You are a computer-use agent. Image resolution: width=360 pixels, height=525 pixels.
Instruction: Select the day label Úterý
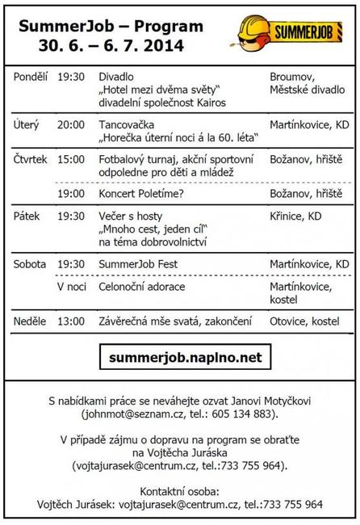tap(27, 125)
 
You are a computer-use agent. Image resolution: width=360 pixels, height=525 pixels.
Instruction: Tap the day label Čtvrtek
tap(31, 160)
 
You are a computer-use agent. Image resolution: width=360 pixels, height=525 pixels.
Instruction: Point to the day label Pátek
tap(27, 216)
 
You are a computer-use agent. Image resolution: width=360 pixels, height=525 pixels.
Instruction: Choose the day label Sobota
tap(30, 264)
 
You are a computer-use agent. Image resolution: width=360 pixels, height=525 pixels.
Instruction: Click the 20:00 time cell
tap(70, 125)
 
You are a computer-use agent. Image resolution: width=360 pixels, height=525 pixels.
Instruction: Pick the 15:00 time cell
tap(70, 160)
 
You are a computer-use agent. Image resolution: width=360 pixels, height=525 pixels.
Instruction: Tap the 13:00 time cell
tap(70, 321)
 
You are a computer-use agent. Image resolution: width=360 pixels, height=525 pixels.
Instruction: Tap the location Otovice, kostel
tap(309, 321)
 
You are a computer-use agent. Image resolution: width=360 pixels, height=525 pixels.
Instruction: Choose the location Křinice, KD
tap(299, 216)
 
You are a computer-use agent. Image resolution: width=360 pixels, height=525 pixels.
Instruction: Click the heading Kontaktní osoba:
tap(179, 490)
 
